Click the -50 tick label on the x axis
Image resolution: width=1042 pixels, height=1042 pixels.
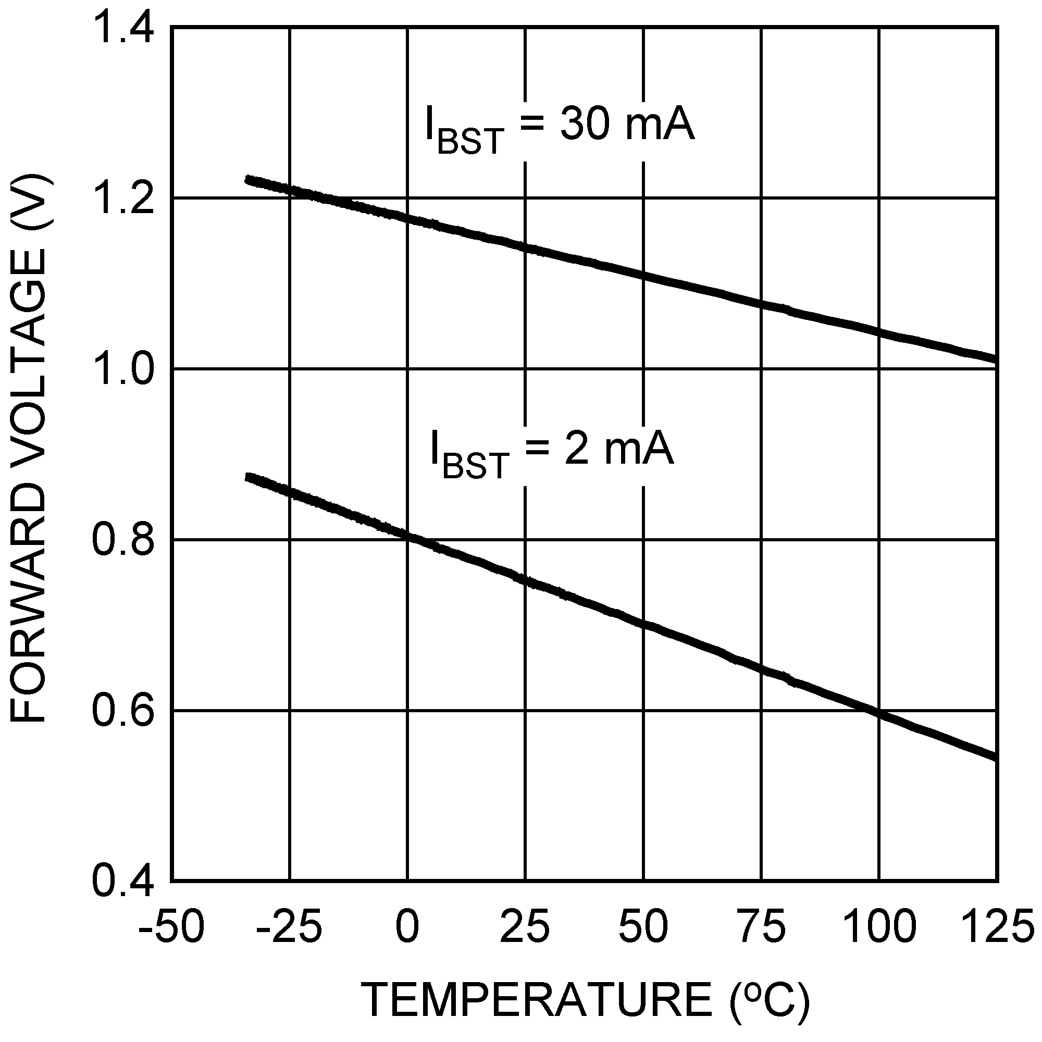[171, 926]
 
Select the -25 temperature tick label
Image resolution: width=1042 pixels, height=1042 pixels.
[290, 926]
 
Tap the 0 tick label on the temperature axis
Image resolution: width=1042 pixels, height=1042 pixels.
[407, 926]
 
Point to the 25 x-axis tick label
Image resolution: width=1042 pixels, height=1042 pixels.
[525, 926]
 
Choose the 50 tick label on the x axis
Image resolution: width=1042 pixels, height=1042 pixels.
[643, 926]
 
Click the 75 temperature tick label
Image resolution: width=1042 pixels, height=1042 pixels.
[761, 926]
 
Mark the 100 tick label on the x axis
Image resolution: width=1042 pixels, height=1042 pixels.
[879, 926]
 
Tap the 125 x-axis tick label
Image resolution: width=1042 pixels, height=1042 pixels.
[997, 926]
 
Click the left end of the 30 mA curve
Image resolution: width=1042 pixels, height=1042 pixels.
[248, 180]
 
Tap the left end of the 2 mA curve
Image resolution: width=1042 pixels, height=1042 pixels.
[248, 478]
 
